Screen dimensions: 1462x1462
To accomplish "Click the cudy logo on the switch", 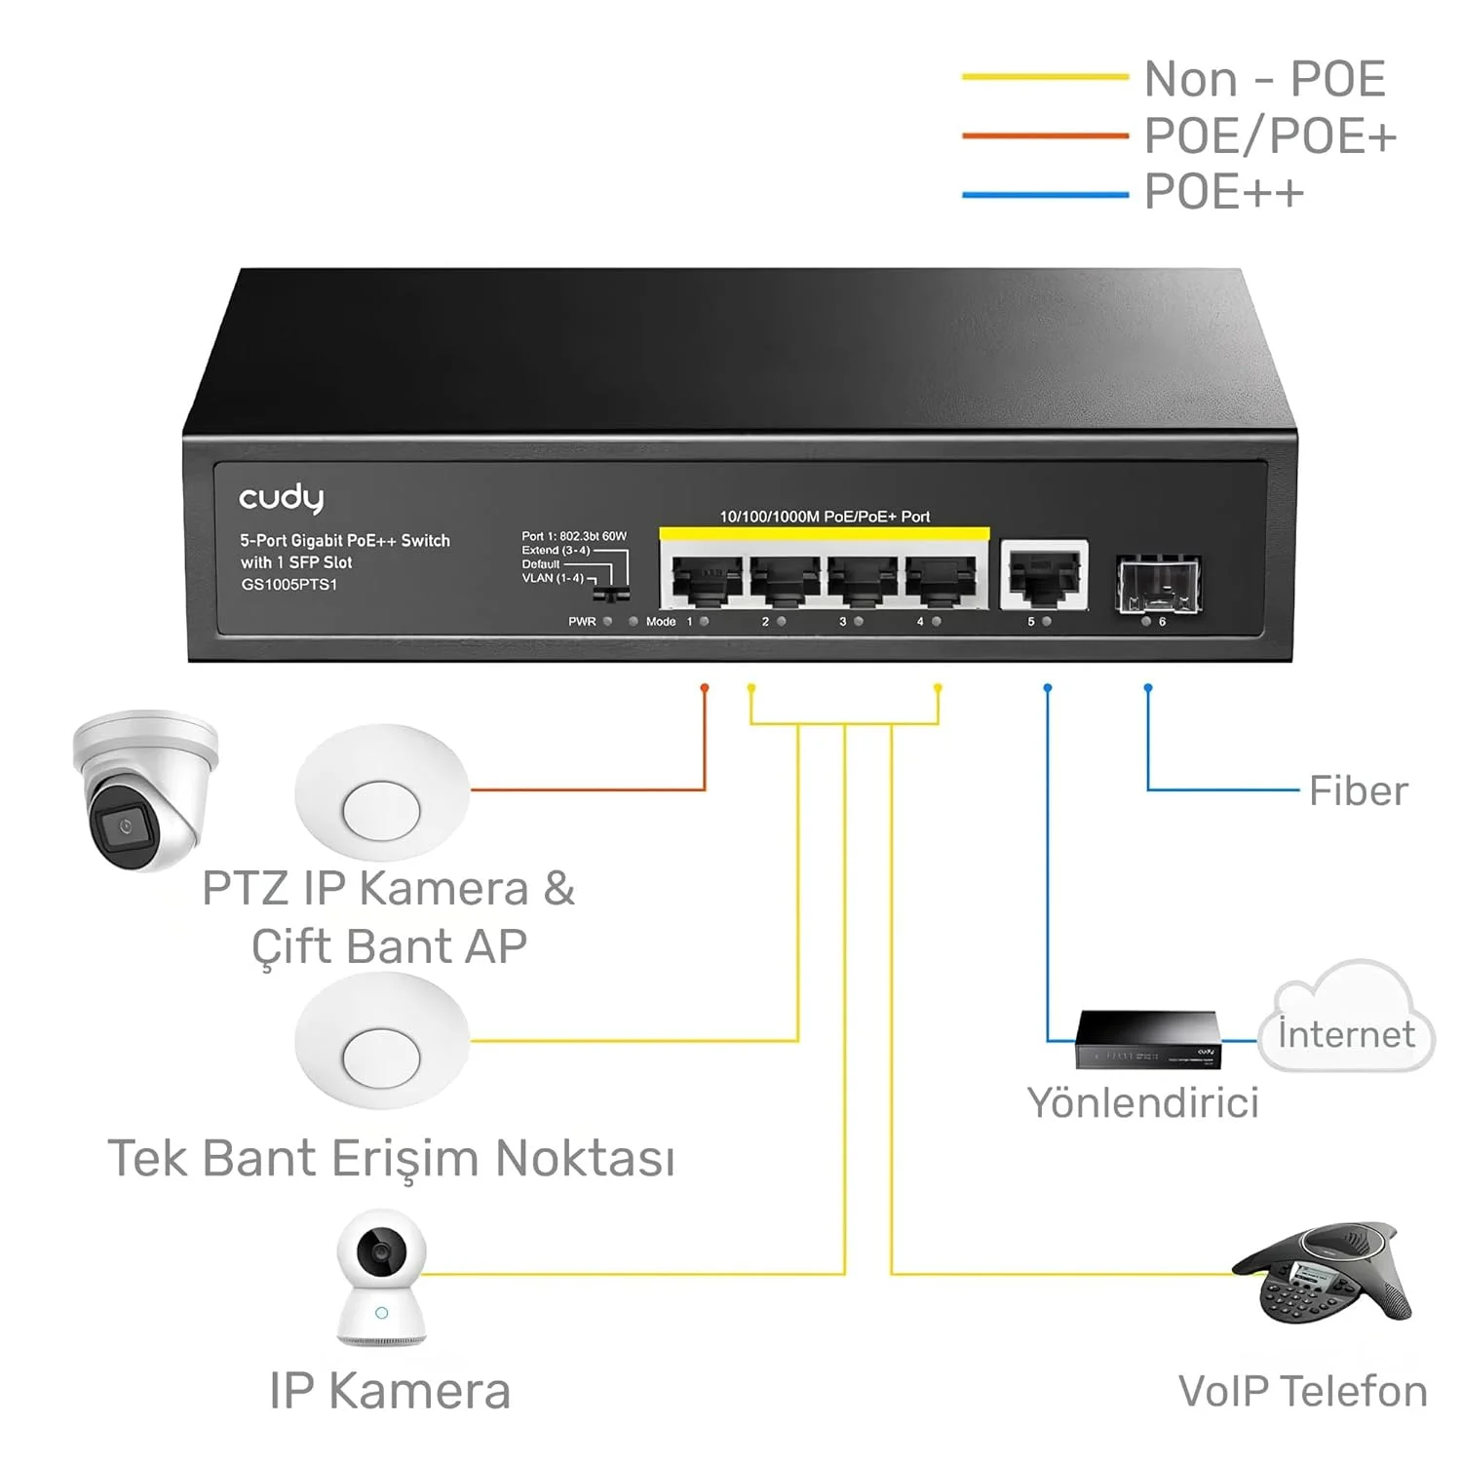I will click(281, 498).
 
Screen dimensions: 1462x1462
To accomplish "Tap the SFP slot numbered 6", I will click(1158, 583).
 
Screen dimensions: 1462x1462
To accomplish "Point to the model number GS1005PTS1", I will click(289, 585).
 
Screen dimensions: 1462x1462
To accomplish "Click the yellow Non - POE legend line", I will click(1044, 77).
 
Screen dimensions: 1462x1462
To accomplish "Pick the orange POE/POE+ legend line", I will click(1044, 135).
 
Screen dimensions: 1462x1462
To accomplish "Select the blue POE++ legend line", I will click(1044, 194).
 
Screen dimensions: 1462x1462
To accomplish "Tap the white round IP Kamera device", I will click(381, 1278).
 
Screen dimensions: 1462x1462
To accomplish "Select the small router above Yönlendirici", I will click(1147, 1041).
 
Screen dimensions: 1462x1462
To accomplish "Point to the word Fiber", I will click(1358, 790).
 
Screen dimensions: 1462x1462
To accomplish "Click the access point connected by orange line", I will click(381, 792).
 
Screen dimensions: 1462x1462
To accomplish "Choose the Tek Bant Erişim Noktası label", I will click(391, 1159).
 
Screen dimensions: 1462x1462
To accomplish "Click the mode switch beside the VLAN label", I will click(612, 593).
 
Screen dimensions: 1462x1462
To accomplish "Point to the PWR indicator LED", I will click(607, 621).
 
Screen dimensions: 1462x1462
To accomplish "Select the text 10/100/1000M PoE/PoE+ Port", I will click(825, 517).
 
